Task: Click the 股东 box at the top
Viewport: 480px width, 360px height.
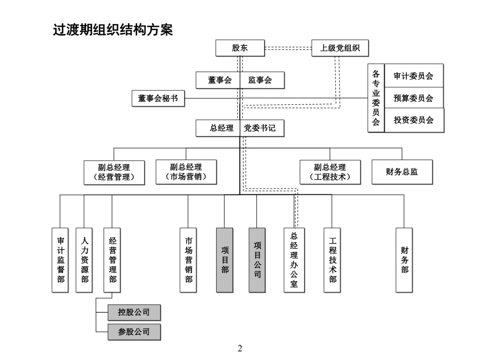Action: click(240, 48)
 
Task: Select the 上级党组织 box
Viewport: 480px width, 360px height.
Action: click(340, 48)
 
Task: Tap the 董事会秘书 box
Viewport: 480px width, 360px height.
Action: click(158, 98)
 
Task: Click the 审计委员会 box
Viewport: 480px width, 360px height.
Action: click(414, 76)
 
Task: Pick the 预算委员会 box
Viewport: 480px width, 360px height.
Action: click(414, 98)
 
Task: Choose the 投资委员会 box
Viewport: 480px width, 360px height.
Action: click(414, 120)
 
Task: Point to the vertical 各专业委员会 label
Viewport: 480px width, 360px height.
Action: click(376, 98)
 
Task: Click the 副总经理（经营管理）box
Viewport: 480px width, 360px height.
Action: click(114, 172)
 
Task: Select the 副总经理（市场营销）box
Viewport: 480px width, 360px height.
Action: click(186, 172)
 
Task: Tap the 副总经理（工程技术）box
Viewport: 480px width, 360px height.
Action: click(330, 172)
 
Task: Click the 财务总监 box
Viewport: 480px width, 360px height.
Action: click(402, 172)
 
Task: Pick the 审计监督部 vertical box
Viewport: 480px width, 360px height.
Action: click(60, 260)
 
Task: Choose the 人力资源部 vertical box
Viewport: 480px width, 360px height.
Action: click(84, 260)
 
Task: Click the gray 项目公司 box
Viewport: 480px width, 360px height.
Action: click(257, 260)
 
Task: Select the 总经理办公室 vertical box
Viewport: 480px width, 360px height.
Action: click(294, 260)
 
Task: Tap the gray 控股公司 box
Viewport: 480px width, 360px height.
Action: click(134, 312)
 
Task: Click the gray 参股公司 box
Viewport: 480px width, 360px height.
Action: click(134, 332)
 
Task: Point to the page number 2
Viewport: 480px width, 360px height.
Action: click(240, 348)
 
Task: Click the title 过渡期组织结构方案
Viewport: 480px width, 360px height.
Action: click(113, 30)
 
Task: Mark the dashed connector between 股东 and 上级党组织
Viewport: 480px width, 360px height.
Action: click(288, 48)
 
